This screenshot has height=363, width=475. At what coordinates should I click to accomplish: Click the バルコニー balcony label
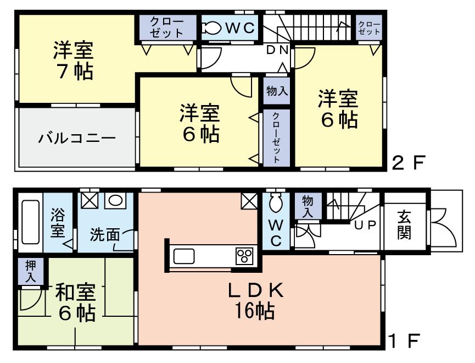(77, 137)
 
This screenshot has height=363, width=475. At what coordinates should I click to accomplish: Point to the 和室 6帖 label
(75, 302)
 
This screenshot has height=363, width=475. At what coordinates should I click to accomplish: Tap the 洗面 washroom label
(105, 235)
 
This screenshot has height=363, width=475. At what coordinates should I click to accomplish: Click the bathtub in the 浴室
(30, 223)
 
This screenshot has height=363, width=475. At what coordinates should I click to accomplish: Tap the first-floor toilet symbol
(275, 205)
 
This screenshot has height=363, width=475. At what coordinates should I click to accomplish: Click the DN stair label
(277, 50)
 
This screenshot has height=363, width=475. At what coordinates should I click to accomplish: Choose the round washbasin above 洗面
(116, 200)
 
